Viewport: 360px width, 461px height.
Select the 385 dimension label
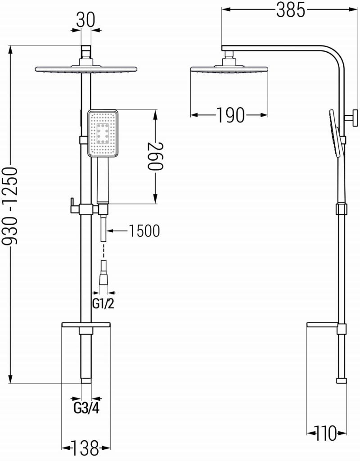290,10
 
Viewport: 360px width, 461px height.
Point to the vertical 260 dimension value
155,156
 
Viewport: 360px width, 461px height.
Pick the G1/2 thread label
103,304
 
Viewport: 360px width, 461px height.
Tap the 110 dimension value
326,434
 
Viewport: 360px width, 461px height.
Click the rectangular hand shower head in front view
103,134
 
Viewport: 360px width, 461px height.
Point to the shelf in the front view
85,325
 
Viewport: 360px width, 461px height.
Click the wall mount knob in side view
352,119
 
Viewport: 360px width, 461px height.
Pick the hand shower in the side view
335,133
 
